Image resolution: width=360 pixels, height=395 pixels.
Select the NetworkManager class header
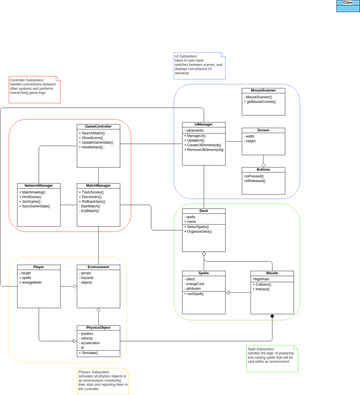coord(38,185)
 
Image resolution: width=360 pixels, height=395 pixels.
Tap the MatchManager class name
coord(98,185)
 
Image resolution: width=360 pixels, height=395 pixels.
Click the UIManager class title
coord(204,126)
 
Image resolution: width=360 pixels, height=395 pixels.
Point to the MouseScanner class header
coord(264,90)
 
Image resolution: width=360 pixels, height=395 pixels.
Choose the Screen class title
coord(264,130)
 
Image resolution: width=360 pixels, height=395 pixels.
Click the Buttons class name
coord(264,170)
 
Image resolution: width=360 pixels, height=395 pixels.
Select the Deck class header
coord(204,211)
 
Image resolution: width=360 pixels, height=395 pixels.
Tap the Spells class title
coord(204,273)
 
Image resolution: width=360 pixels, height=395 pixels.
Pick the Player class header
coord(38,267)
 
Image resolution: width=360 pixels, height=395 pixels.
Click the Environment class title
coord(98,267)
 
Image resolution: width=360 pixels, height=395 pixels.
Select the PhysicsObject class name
coord(98,327)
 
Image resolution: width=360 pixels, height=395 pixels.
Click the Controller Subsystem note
coord(34,88)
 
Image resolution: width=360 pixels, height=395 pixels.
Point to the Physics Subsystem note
coord(102,380)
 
